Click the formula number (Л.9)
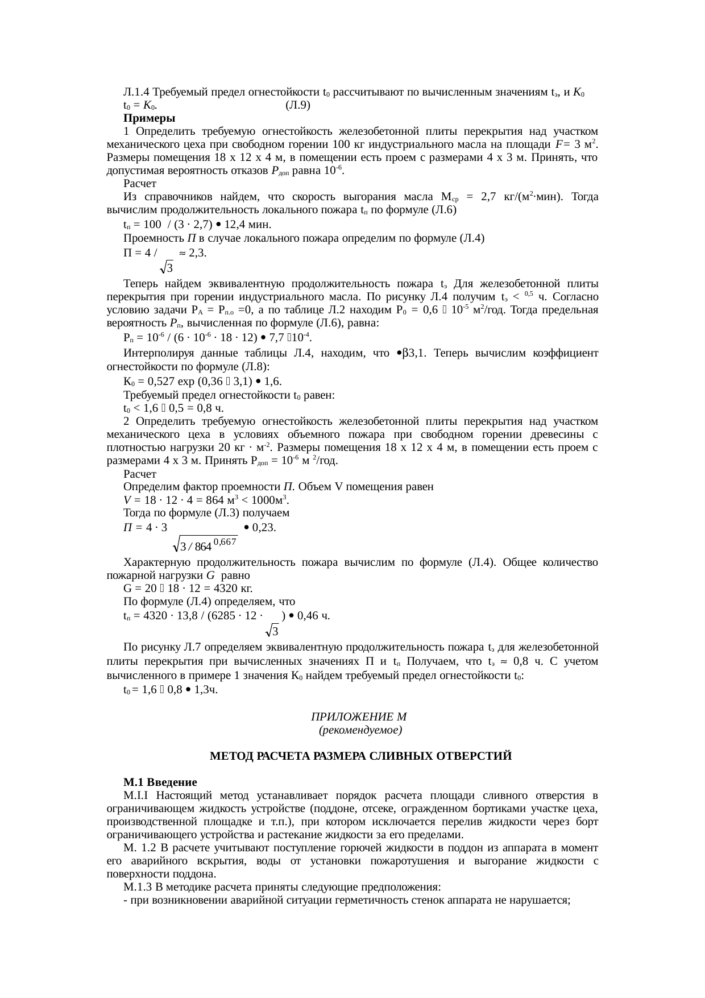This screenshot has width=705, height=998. pyautogui.click(x=297, y=105)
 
